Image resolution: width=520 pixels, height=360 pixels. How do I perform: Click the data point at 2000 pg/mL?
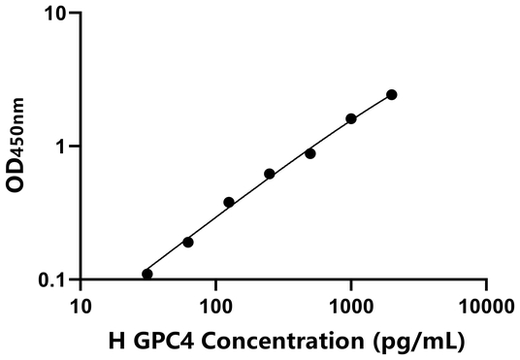(391, 94)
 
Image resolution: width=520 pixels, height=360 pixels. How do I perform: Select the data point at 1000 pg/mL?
(350, 118)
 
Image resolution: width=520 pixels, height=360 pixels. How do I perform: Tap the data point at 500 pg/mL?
(309, 153)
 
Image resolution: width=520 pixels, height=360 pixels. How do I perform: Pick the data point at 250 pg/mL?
(269, 174)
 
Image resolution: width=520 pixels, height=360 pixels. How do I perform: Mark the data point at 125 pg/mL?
(229, 202)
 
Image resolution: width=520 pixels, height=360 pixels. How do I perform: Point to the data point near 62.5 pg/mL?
(187, 242)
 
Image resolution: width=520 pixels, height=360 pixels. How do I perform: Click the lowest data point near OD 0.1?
(147, 274)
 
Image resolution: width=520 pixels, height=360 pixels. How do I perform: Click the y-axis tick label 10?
(55, 15)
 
